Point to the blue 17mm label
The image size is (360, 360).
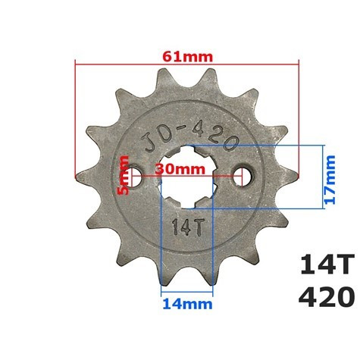330,177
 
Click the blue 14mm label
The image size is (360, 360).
186,304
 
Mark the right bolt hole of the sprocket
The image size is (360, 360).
243,177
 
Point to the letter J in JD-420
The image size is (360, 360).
149,142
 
